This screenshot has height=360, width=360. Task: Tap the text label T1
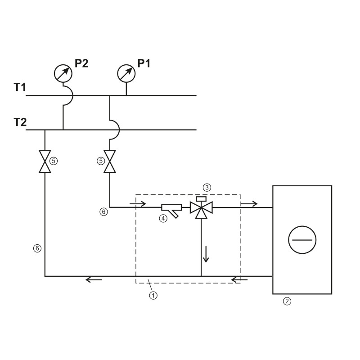coord(20,87)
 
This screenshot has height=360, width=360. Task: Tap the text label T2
coord(20,122)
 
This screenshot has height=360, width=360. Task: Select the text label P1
coord(144,63)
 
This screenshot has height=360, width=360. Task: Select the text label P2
coord(81,63)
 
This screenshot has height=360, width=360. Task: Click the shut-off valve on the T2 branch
coord(45,162)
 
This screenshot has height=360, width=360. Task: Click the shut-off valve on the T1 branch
coord(110,162)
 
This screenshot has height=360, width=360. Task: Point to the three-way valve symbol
coord(201,208)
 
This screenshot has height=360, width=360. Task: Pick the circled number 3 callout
coord(207,188)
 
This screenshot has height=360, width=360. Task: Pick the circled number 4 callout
coord(163,218)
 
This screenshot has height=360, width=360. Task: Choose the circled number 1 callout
coord(153,295)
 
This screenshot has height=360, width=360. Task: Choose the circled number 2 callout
coord(287,301)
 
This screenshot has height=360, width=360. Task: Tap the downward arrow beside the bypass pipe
coord(206,254)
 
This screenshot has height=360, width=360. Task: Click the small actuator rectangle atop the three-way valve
coord(201,199)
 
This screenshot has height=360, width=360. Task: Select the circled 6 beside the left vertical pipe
coord(37,248)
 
